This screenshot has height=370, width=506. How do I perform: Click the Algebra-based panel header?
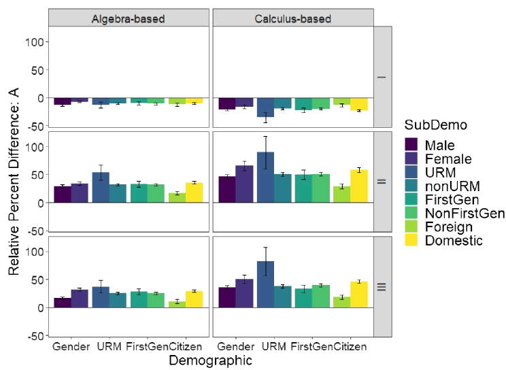click(x=129, y=18)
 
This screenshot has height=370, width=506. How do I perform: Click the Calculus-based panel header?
click(x=293, y=18)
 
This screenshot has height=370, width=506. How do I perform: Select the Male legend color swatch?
click(x=411, y=145)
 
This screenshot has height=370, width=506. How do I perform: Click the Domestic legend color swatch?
click(x=411, y=240)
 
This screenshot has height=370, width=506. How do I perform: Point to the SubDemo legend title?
click(x=432, y=125)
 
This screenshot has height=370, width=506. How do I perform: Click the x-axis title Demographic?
click(x=210, y=360)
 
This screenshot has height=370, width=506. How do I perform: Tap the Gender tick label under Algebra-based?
click(x=71, y=347)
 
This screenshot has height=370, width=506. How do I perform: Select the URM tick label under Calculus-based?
click(x=273, y=347)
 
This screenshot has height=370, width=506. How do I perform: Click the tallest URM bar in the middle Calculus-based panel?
click(x=265, y=178)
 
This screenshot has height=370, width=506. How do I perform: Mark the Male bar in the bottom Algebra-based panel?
click(x=63, y=303)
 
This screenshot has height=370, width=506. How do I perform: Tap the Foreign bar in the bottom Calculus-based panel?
click(x=341, y=303)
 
